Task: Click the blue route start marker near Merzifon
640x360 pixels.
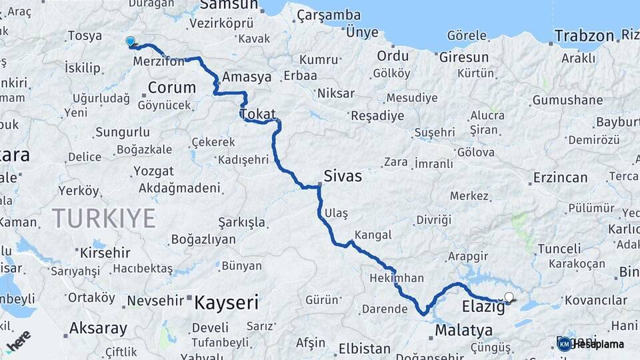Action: pyautogui.click(x=130, y=41)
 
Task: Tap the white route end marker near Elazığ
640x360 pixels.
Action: pyautogui.click(x=509, y=297)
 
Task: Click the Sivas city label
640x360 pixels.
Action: pyautogui.click(x=343, y=176)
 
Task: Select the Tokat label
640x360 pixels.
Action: pyautogui.click(x=258, y=114)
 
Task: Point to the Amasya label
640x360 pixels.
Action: pyautogui.click(x=247, y=77)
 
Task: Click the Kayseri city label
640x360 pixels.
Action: pyautogui.click(x=226, y=303)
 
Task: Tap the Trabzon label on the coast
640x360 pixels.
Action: pyautogui.click(x=584, y=36)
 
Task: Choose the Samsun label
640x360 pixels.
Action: pyautogui.click(x=229, y=5)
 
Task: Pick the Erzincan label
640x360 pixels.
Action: pyautogui.click(x=560, y=178)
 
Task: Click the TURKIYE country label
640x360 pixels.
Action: pyautogui.click(x=104, y=218)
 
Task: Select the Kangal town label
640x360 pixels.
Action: pyautogui.click(x=373, y=235)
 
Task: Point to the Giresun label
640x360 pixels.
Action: pyautogui.click(x=464, y=57)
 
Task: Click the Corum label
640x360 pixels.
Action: pyautogui.click(x=172, y=87)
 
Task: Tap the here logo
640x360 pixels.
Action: pyautogui.click(x=19, y=340)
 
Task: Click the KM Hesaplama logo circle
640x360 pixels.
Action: pyautogui.click(x=564, y=344)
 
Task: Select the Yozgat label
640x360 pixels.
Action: pyautogui.click(x=153, y=171)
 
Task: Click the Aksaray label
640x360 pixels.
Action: pyautogui.click(x=98, y=328)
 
